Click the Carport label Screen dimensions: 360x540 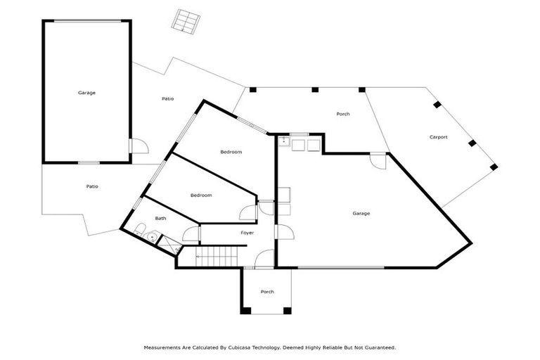438,137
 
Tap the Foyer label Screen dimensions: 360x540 247,233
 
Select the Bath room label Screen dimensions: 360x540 160,219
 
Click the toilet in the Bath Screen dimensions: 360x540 139,229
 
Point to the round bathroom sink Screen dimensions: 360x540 151,238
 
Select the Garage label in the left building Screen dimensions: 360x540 86,93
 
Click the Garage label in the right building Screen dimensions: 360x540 361,213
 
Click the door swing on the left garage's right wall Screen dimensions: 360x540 139,146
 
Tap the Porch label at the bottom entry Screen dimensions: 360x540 266,292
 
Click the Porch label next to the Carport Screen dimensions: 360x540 342,114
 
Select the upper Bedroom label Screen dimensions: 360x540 231,153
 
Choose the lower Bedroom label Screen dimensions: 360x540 201,195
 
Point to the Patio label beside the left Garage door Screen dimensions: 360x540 167,99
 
